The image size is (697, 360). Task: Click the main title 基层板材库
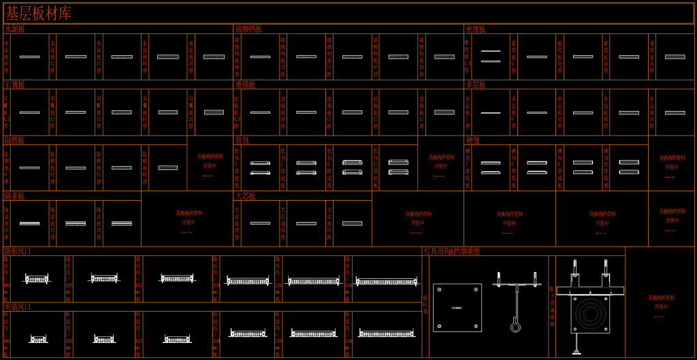coord(39,13)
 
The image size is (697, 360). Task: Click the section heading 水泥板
coord(15,29)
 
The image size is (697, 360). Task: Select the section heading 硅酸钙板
coord(248,29)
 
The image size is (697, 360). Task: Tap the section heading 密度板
coord(476,29)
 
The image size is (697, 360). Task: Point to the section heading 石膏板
coord(15,85)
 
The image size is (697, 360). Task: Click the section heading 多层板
coord(476,85)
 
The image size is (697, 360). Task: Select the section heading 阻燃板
coord(15,140)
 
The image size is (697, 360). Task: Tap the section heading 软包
coord(242,140)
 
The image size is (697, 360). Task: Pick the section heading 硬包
coord(473,140)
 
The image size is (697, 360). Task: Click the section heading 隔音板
coord(15,196)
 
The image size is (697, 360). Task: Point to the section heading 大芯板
coord(245,196)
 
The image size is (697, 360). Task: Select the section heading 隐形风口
coord(18,251)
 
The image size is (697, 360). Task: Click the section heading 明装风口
coord(18,307)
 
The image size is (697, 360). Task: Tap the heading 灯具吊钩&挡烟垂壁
coord(452,251)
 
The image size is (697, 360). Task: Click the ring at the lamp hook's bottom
coord(515,327)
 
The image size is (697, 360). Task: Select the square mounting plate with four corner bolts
coord(457,308)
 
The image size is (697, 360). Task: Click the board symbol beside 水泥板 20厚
coord(214,56)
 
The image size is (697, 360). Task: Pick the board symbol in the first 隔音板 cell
coord(29,223)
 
